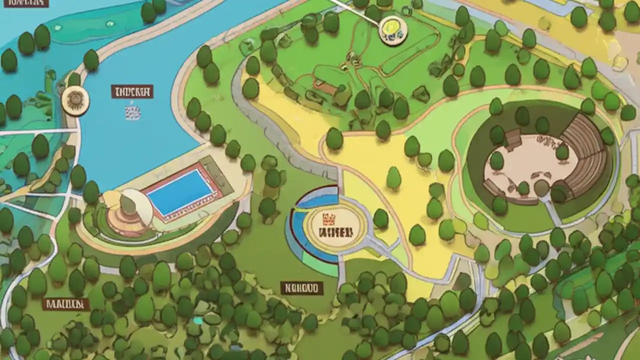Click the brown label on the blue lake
click(x=132, y=91)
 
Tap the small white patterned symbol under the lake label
click(x=132, y=112)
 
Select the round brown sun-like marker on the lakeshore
click(x=75, y=100)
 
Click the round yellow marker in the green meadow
click(x=393, y=30)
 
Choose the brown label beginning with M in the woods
click(x=65, y=304)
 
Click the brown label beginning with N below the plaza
click(x=301, y=288)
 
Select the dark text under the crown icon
click(x=335, y=232)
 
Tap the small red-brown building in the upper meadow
click(x=325, y=88)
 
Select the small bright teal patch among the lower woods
click(x=198, y=320)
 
